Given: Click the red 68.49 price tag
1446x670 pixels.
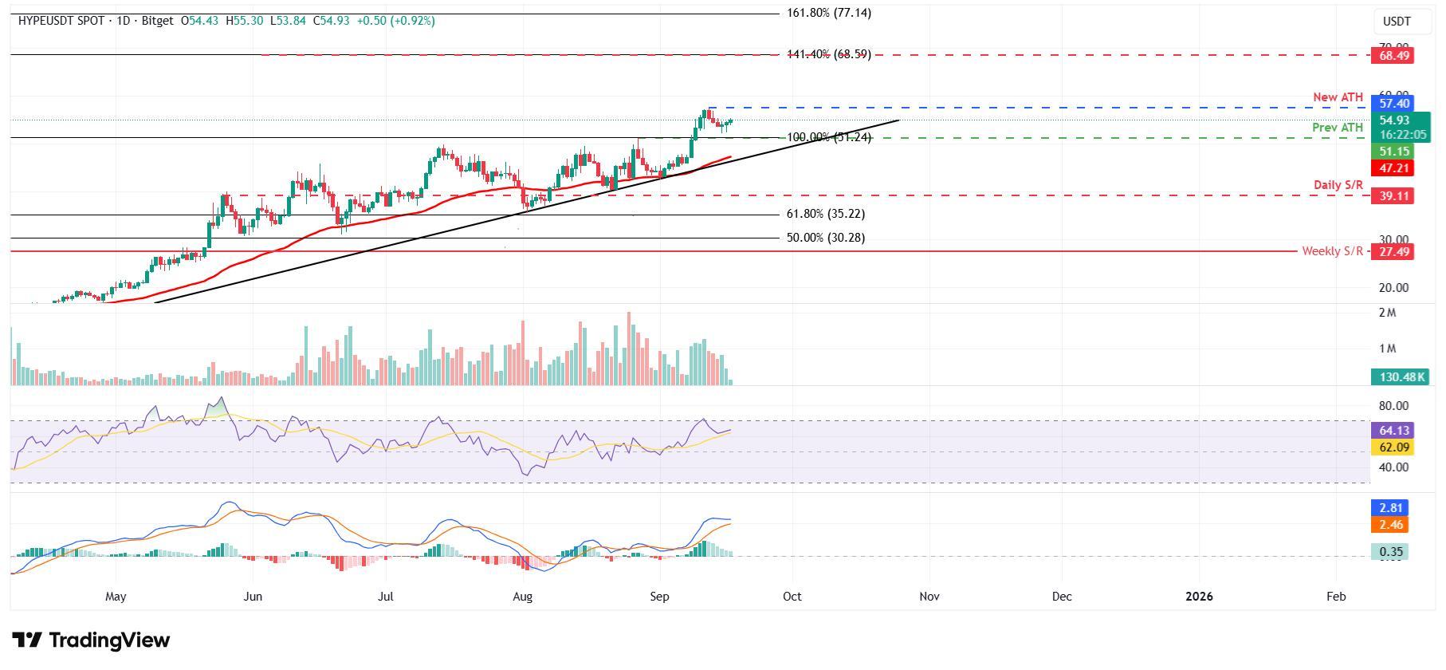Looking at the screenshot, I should point(1392,55).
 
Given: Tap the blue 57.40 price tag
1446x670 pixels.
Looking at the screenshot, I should point(1392,104).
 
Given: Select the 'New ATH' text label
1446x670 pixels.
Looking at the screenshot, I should point(1338,97).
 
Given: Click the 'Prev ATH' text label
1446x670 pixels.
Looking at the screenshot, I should point(1338,128).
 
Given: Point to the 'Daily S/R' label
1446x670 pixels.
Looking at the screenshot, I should point(1338,185).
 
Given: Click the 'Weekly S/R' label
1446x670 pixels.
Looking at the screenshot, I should point(1332,251).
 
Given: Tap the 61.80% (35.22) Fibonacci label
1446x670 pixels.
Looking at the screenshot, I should point(825,214).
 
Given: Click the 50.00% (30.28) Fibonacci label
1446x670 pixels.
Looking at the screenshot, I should point(825,238).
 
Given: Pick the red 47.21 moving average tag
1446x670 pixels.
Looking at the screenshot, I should point(1392,168).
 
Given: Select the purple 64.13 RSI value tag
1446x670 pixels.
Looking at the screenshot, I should point(1392,431).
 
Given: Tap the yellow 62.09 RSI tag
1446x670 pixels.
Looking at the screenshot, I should point(1392,448).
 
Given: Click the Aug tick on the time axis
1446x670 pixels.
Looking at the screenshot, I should point(522,597).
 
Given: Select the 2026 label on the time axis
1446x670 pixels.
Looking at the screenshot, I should point(1199,597).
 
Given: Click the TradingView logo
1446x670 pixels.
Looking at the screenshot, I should point(91,640).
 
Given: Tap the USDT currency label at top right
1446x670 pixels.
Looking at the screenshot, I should point(1397,22).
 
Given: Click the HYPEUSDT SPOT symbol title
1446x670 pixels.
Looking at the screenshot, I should point(63,21).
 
